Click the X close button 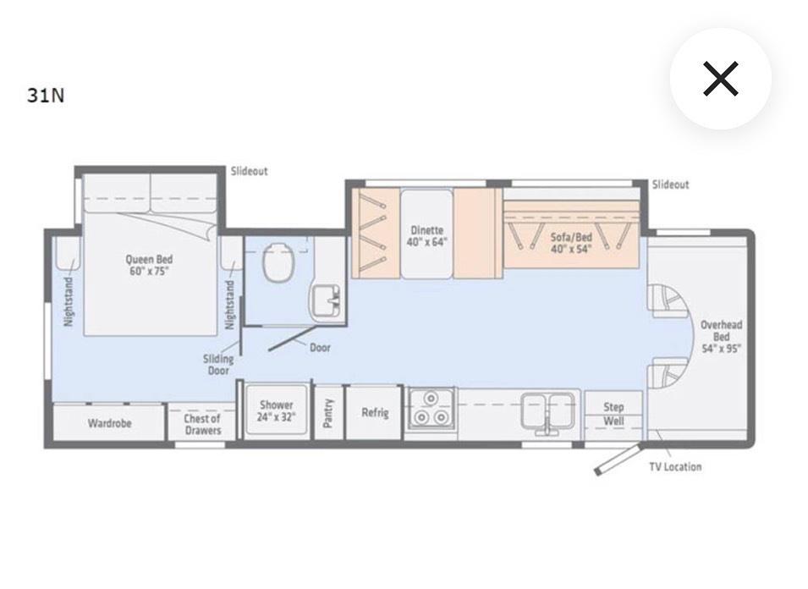point(720,79)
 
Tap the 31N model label point(46,96)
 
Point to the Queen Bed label point(149,265)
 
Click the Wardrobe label point(109,424)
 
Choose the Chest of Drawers point(202,423)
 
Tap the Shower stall point(276,411)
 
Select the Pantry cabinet point(328,412)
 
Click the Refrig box point(374,412)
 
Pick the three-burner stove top point(431,409)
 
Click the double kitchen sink point(547,411)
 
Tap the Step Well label point(613,414)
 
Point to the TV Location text point(675,467)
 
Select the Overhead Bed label point(721,337)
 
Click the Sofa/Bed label point(571,243)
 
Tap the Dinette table point(426,234)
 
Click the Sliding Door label point(218,365)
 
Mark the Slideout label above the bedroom point(250,171)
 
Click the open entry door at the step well point(618,459)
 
